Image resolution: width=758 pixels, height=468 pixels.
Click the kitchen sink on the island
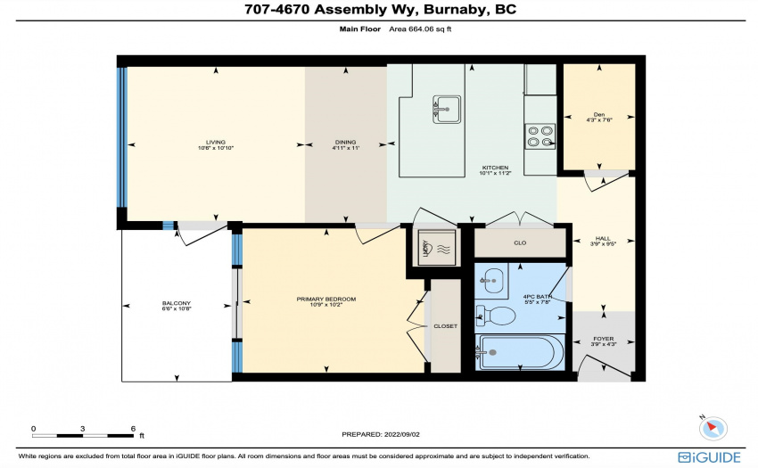click(446, 110)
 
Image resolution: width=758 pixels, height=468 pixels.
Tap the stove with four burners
click(540, 136)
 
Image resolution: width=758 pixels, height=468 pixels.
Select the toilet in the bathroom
click(495, 316)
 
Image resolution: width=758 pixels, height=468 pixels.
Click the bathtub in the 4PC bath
click(519, 352)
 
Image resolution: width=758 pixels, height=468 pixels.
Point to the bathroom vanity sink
click(491, 281)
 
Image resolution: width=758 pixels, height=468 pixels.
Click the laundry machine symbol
click(437, 248)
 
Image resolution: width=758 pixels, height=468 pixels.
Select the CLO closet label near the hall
click(520, 242)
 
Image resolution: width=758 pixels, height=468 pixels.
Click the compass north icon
click(713, 428)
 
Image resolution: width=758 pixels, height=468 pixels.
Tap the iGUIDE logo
click(709, 457)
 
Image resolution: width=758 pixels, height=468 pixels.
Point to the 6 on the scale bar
click(133, 429)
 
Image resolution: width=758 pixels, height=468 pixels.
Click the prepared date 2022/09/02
click(401, 434)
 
